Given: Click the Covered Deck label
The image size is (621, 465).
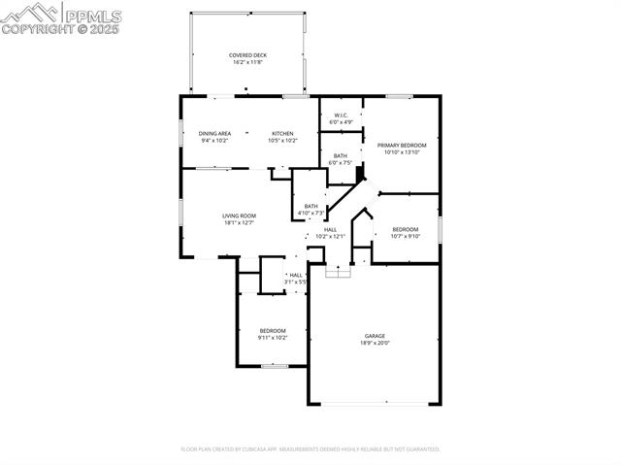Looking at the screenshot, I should click(x=247, y=55).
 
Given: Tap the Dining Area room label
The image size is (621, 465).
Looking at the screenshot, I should click(x=214, y=133).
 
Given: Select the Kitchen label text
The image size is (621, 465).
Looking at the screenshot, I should click(x=282, y=133).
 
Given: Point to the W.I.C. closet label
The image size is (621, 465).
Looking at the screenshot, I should click(x=342, y=116).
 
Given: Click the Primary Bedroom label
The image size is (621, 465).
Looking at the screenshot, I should click(x=402, y=145).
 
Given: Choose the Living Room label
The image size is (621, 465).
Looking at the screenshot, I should click(x=239, y=216).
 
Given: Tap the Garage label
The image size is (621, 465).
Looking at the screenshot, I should click(x=375, y=336).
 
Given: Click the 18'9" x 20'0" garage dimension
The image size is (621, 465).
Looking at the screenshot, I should click(x=375, y=343).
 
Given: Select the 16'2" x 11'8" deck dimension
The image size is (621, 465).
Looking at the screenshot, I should click(x=247, y=62).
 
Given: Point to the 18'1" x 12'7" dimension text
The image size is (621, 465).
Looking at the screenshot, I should click(x=239, y=223).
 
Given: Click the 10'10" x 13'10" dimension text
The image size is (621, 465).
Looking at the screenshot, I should click(x=402, y=152).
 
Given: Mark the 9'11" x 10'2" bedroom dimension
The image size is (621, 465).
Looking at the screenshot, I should click(x=273, y=338).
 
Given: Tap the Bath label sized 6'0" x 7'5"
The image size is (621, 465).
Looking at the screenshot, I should click(x=341, y=155).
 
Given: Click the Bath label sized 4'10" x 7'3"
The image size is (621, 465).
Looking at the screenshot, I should click(x=310, y=205).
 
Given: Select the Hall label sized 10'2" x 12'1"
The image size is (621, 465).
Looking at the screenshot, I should click(x=330, y=229).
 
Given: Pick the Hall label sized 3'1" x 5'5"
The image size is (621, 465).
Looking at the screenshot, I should click(x=295, y=275).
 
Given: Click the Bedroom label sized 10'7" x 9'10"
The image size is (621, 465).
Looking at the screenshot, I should click(x=406, y=229).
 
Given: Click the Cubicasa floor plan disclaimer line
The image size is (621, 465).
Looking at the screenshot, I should click(x=310, y=449).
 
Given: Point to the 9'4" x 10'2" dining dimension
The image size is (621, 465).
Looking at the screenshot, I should click(x=214, y=141).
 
